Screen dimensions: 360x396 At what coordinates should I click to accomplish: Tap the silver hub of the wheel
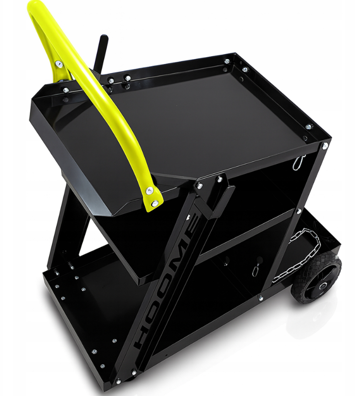coord(322,286)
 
